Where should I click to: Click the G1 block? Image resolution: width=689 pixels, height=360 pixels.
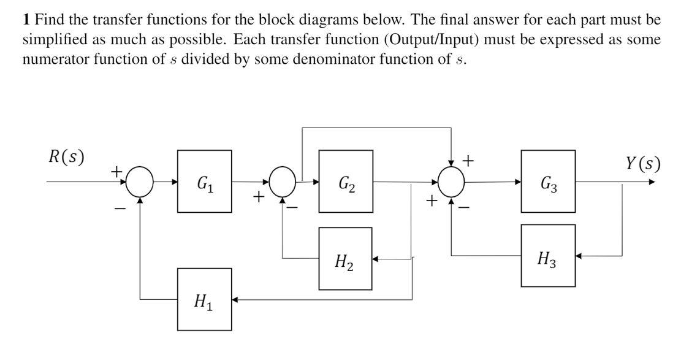[204, 182]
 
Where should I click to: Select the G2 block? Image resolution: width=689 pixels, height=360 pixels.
[346, 182]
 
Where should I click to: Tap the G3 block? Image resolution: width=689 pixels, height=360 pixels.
[548, 182]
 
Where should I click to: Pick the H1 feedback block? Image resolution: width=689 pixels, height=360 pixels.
[204, 300]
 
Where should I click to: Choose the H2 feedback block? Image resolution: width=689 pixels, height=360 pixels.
[345, 258]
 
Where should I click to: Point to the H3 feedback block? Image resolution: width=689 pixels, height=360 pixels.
[548, 256]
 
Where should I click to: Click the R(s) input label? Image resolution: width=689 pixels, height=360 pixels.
[66, 156]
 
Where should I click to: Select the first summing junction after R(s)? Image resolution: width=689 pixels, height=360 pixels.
[140, 182]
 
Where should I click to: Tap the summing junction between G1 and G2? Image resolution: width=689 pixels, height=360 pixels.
[283, 182]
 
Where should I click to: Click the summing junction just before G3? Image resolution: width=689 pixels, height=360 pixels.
[451, 182]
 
